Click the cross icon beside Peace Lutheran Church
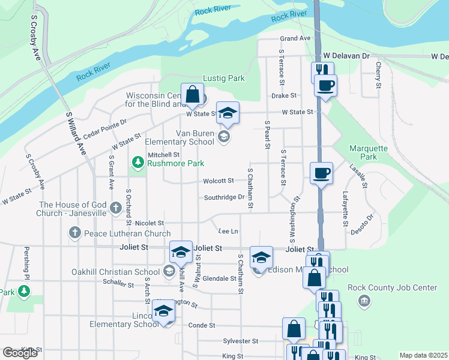(74, 233)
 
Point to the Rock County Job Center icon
(363, 301)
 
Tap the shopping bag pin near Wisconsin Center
(193, 94)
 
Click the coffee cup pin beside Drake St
(325, 85)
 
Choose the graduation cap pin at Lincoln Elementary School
(163, 311)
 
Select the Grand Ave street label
(295, 38)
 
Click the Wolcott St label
(218, 181)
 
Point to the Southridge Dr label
(224, 197)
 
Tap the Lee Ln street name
(228, 231)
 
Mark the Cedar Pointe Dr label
(105, 128)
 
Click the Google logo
(20, 353)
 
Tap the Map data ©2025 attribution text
(423, 355)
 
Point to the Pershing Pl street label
(26, 262)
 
